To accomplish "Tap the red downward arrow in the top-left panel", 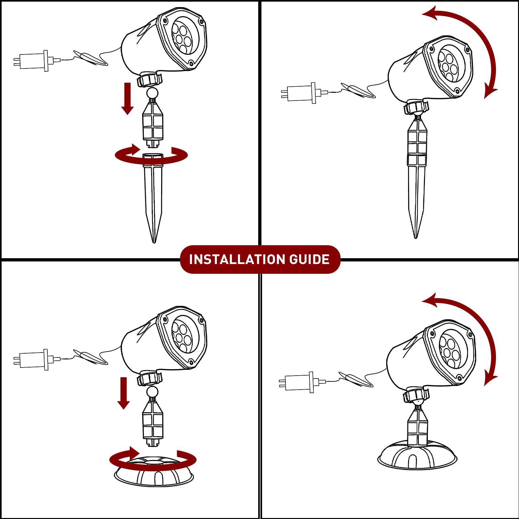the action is tap(127, 99).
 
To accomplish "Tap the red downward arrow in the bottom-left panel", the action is tap(124, 393).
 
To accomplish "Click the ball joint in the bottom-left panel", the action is tap(152, 392).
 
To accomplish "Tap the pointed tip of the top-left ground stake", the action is tap(154, 242).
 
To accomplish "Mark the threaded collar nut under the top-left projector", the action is tap(150, 80).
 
